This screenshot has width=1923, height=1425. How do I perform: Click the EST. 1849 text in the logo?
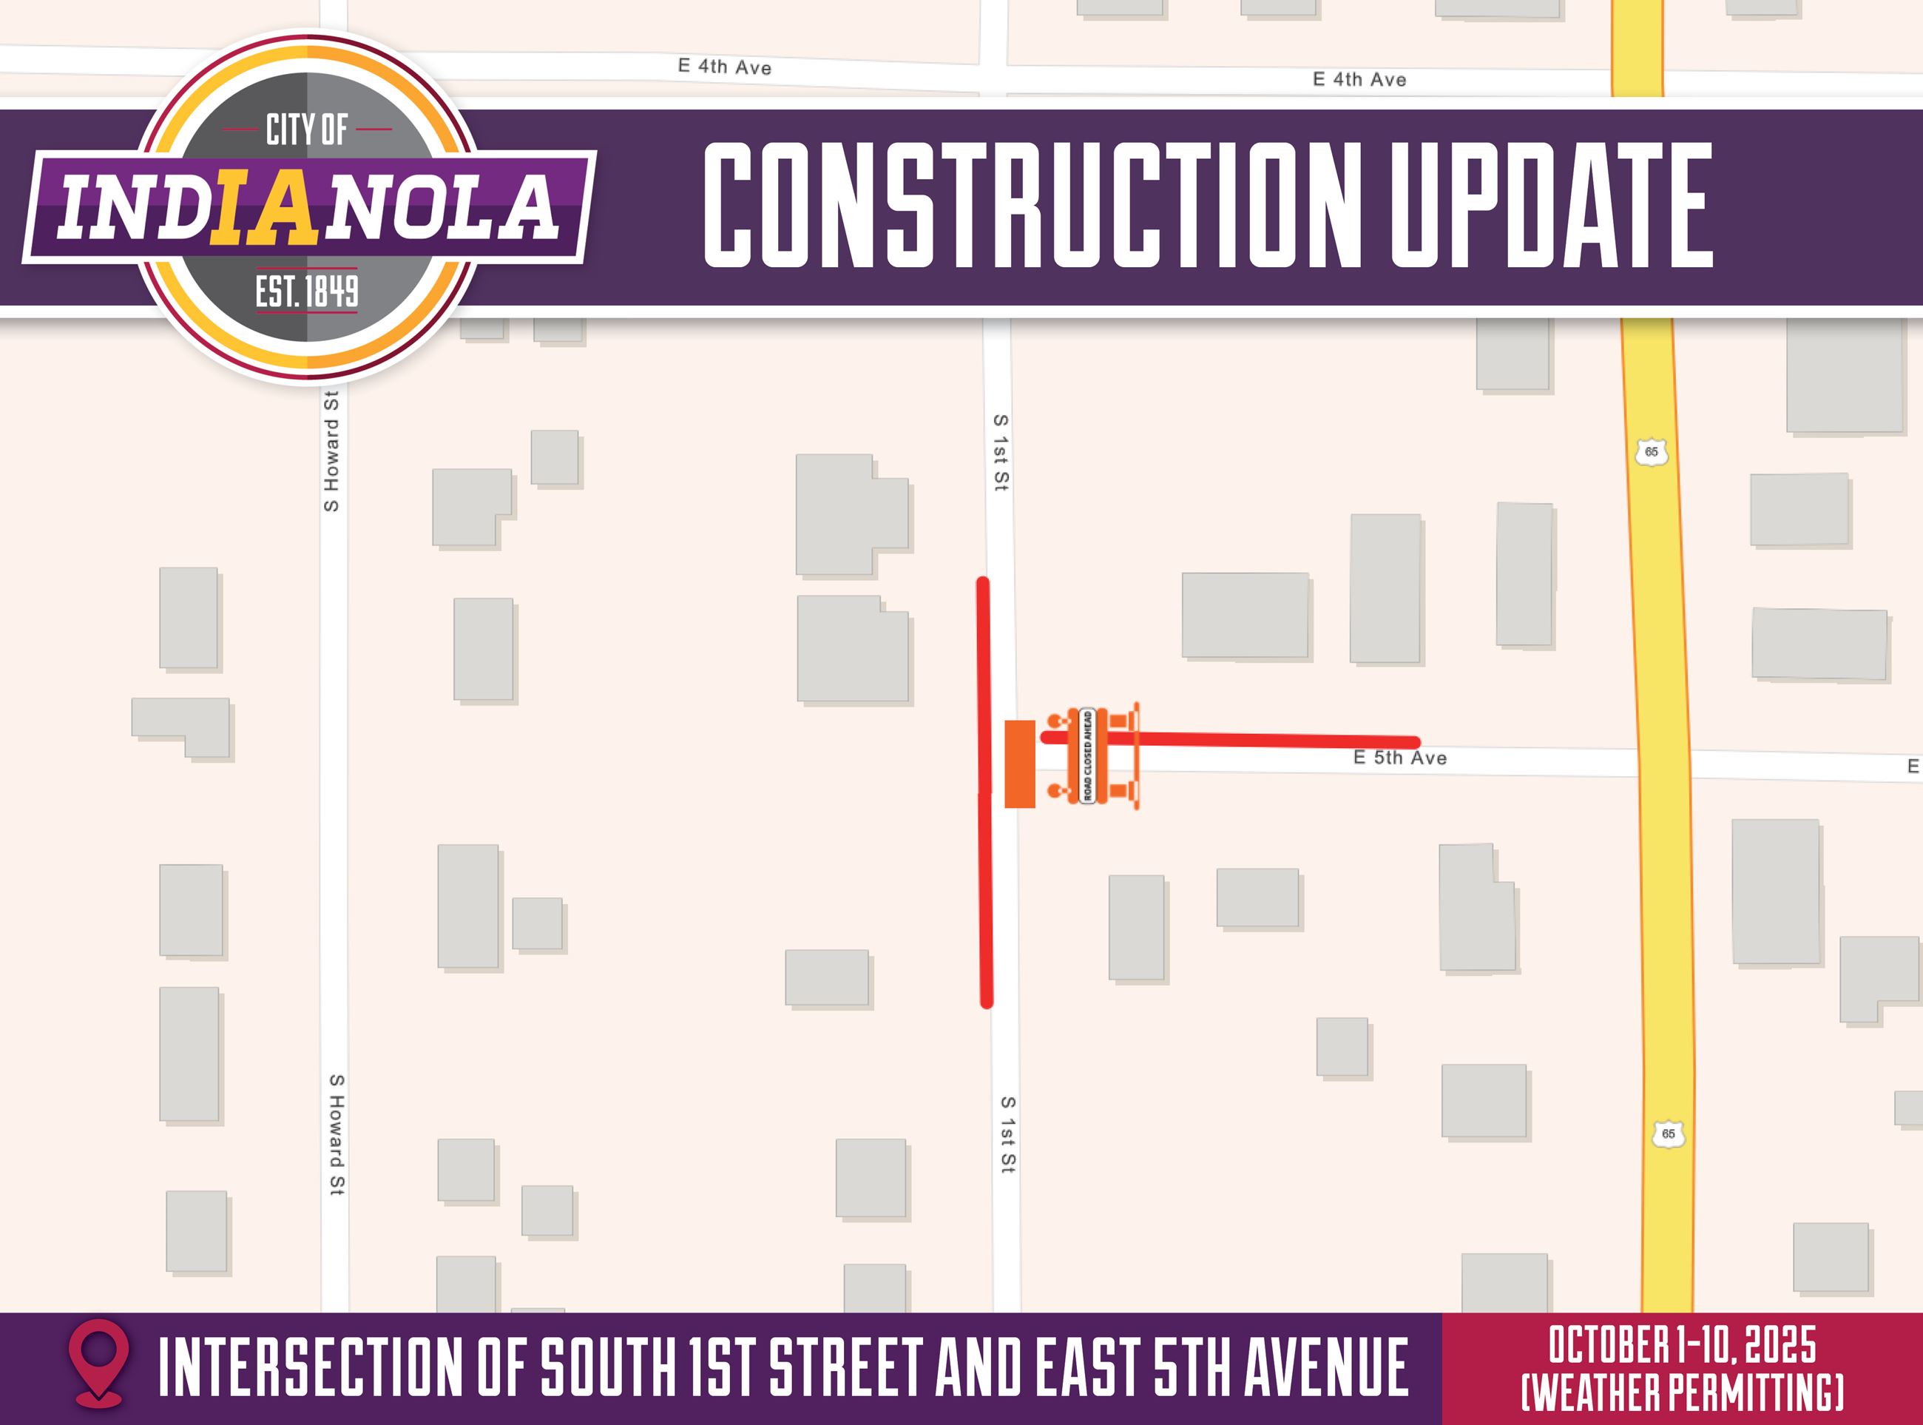click(x=306, y=292)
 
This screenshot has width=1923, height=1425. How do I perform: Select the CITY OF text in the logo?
click(x=306, y=130)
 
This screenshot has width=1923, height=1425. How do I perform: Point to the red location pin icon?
click(x=99, y=1367)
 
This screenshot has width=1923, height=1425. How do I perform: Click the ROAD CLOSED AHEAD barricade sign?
click(x=1087, y=755)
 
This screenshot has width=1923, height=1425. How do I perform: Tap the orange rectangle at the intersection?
click(x=1019, y=764)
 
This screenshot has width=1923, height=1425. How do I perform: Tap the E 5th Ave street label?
click(x=1399, y=758)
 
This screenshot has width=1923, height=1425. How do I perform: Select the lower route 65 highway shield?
click(x=1669, y=1133)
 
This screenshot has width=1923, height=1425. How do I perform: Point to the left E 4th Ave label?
click(x=724, y=67)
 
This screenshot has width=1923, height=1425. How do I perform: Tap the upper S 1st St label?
click(x=1000, y=453)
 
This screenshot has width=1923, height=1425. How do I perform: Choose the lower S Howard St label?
click(x=337, y=1133)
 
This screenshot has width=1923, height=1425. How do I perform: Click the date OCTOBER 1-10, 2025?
click(x=1682, y=1347)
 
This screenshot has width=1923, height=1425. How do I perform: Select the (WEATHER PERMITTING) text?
click(x=1682, y=1392)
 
